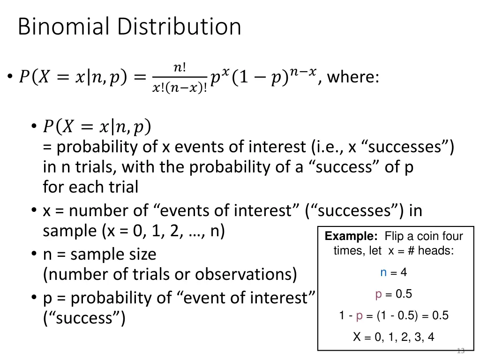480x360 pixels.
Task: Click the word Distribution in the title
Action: [x=179, y=27]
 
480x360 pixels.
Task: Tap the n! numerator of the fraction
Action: [x=180, y=67]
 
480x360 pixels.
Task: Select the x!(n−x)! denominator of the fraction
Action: [x=180, y=87]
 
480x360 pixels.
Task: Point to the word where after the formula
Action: [x=353, y=77]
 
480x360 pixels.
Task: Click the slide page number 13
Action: [x=460, y=350]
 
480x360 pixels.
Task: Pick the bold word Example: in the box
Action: [x=352, y=237]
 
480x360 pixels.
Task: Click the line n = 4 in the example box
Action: [x=394, y=272]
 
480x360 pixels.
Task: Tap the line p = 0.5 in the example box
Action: [x=394, y=294]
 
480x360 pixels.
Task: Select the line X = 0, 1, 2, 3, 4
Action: [x=394, y=337]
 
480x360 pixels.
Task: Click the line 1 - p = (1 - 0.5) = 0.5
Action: [x=394, y=315]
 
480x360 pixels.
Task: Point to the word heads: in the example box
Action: [x=435, y=251]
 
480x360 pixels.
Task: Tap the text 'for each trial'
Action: [x=90, y=187]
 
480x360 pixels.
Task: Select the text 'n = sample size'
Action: [x=99, y=255]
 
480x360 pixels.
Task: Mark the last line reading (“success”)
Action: [x=84, y=318]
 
